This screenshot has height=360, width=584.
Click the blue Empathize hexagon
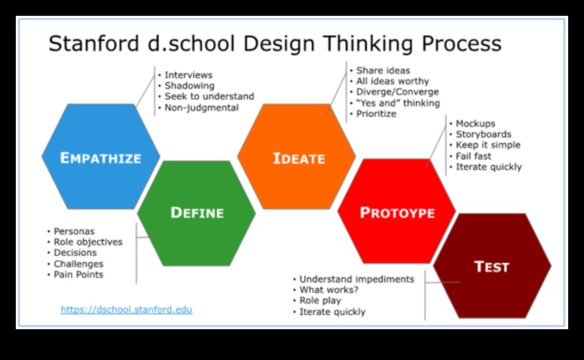(x=100, y=157)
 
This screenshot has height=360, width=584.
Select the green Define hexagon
(x=197, y=212)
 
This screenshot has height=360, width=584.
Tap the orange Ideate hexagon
(x=298, y=158)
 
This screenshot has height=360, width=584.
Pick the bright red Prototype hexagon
(x=397, y=212)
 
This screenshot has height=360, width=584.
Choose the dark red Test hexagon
(x=492, y=266)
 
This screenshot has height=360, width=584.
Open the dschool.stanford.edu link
(x=126, y=309)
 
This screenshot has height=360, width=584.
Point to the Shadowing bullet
(x=189, y=85)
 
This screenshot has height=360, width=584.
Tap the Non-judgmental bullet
(x=201, y=107)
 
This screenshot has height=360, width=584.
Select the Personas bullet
(x=74, y=231)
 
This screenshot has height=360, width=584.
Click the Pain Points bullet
(x=78, y=275)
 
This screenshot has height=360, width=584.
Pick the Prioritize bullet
(x=376, y=114)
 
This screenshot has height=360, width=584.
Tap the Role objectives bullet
(x=88, y=242)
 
